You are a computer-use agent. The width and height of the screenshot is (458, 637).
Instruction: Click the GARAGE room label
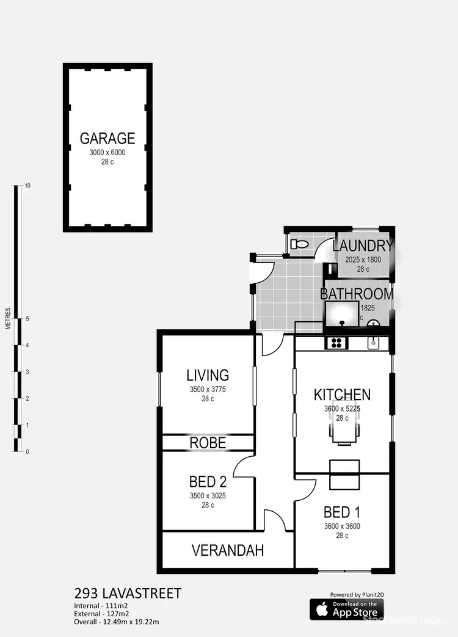[107, 138]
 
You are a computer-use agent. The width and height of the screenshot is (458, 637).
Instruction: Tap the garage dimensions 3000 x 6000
[107, 153]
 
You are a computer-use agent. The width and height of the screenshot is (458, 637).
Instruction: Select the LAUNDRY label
[363, 246]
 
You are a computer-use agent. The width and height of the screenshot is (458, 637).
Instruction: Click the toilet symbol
[300, 244]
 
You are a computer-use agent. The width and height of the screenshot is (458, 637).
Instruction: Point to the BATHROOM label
[357, 294]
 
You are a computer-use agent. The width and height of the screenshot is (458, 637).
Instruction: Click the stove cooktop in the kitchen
[336, 343]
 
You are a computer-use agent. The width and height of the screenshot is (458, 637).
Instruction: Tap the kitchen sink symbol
[373, 343]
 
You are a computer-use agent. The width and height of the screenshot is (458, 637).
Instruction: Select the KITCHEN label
[342, 394]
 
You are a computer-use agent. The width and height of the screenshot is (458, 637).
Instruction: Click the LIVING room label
[208, 375]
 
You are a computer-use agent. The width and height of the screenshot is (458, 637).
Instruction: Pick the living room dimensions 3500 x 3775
[208, 389]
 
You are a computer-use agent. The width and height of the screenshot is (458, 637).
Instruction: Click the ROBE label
[208, 443]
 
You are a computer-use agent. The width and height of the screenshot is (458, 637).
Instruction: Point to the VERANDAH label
[228, 550]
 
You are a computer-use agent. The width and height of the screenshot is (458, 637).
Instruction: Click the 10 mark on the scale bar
[26, 186]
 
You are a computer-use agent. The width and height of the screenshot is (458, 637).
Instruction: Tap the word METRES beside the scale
[8, 318]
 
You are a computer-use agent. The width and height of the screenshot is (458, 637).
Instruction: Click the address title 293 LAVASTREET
[128, 593]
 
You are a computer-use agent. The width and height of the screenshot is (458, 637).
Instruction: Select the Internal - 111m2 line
[100, 605]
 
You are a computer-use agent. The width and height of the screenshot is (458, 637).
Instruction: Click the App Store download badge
[346, 609]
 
